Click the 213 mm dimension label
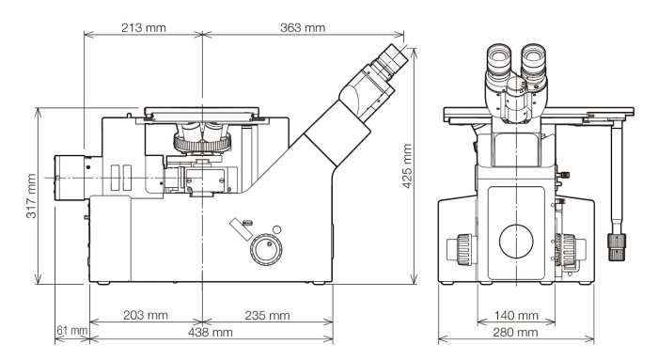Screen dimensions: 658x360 pyautogui.click(x=144, y=27)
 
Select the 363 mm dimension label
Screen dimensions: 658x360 pyautogui.click(x=303, y=27)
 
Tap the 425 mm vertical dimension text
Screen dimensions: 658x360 pyautogui.click(x=407, y=166)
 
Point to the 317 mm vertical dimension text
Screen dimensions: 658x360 pyautogui.click(x=31, y=196)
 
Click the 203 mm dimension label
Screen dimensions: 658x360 pyautogui.click(x=145, y=315)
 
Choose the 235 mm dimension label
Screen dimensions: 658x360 pyautogui.click(x=267, y=315)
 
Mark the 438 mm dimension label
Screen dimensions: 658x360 pyautogui.click(x=211, y=333)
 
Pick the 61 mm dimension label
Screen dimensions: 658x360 pyautogui.click(x=72, y=331)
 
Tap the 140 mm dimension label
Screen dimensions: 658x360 pyautogui.click(x=516, y=315)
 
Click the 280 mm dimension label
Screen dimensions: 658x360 pyautogui.click(x=515, y=333)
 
